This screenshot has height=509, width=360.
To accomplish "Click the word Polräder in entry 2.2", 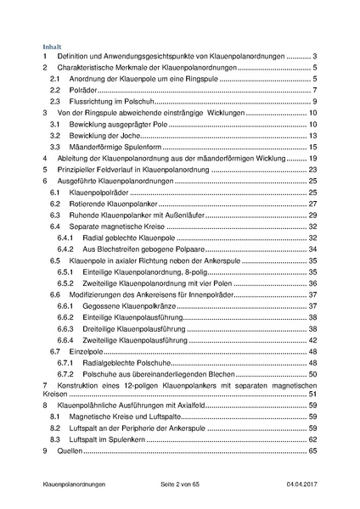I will coord(83,90).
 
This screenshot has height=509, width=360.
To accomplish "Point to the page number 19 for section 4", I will coord(312,159).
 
